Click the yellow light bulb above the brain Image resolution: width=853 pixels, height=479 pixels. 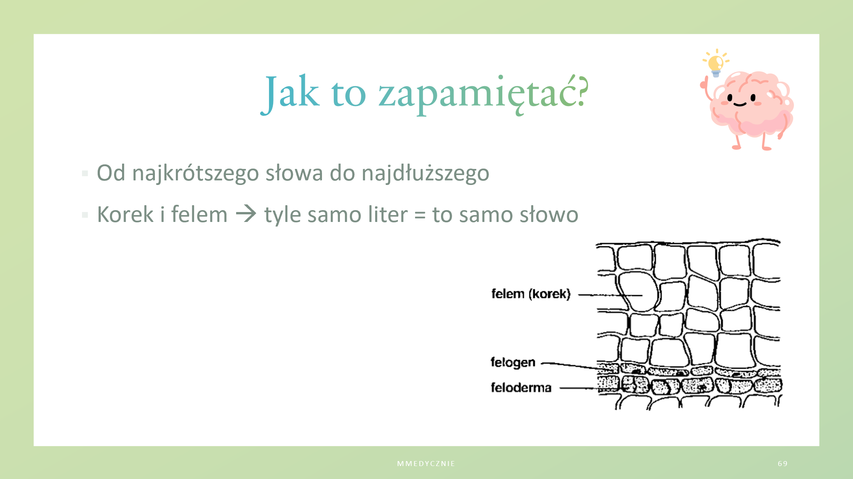coord(716,63)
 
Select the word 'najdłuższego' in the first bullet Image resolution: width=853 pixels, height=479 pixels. coord(425,174)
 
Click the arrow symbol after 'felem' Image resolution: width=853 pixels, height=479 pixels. coord(246,214)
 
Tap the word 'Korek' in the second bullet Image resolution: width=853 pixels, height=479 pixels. coord(125,214)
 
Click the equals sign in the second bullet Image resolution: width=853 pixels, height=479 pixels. coord(420,215)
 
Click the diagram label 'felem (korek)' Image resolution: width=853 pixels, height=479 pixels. coord(531,294)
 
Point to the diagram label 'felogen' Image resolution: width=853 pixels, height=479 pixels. coord(513,362)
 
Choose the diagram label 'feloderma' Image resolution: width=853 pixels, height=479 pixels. coord(521,387)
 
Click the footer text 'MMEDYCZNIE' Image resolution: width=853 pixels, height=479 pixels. coord(426,464)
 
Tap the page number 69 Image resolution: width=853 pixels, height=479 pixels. coord(783,464)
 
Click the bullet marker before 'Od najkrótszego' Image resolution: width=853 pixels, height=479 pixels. coord(85,174)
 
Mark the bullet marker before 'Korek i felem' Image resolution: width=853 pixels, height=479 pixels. coord(85,215)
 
